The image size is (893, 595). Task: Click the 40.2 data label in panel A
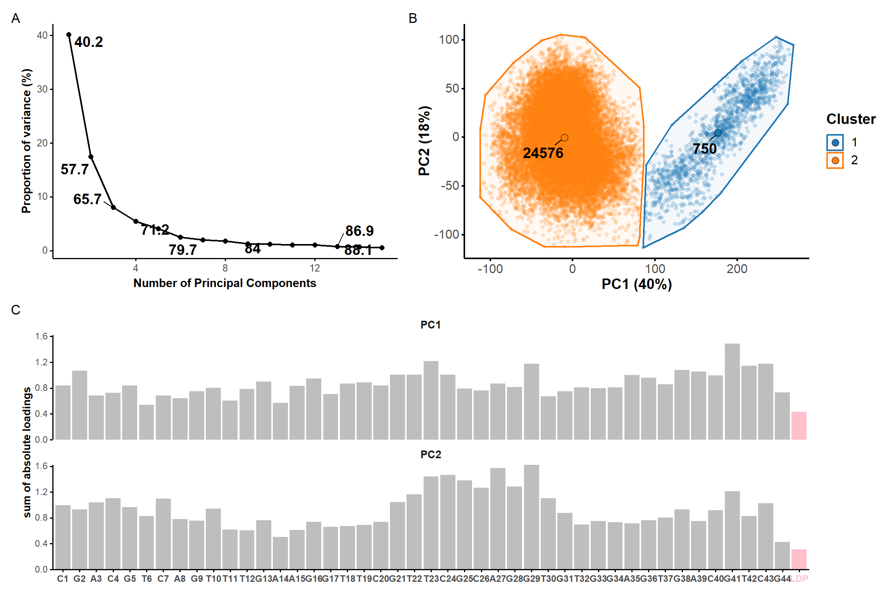pyautogui.click(x=89, y=42)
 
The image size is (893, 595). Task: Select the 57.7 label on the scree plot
pyautogui.click(x=75, y=169)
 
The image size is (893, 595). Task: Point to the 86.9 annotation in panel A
pyautogui.click(x=359, y=231)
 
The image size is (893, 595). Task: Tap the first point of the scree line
pyautogui.click(x=69, y=35)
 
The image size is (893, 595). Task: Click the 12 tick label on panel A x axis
pyautogui.click(x=315, y=268)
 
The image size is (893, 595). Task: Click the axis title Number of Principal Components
pyautogui.click(x=225, y=283)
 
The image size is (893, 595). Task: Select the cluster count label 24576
pyautogui.click(x=543, y=153)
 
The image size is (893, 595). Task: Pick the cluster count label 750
pyautogui.click(x=705, y=149)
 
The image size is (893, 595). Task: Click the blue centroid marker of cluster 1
pyautogui.click(x=718, y=133)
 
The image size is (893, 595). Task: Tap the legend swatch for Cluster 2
pyautogui.click(x=835, y=160)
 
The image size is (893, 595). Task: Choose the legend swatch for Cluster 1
pyautogui.click(x=835, y=143)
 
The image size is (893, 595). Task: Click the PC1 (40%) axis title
pyautogui.click(x=636, y=284)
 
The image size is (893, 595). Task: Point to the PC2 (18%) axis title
pyautogui.click(x=424, y=141)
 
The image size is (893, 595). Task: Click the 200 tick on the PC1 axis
pyautogui.click(x=737, y=269)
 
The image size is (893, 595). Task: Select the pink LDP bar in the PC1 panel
pyautogui.click(x=799, y=426)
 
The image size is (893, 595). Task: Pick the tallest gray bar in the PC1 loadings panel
pyautogui.click(x=732, y=391)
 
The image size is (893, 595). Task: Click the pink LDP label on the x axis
pyautogui.click(x=799, y=579)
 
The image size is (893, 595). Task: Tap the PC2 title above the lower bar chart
pyautogui.click(x=431, y=454)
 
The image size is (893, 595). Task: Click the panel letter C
pyautogui.click(x=16, y=310)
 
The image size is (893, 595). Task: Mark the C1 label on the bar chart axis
pyautogui.click(x=63, y=579)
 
